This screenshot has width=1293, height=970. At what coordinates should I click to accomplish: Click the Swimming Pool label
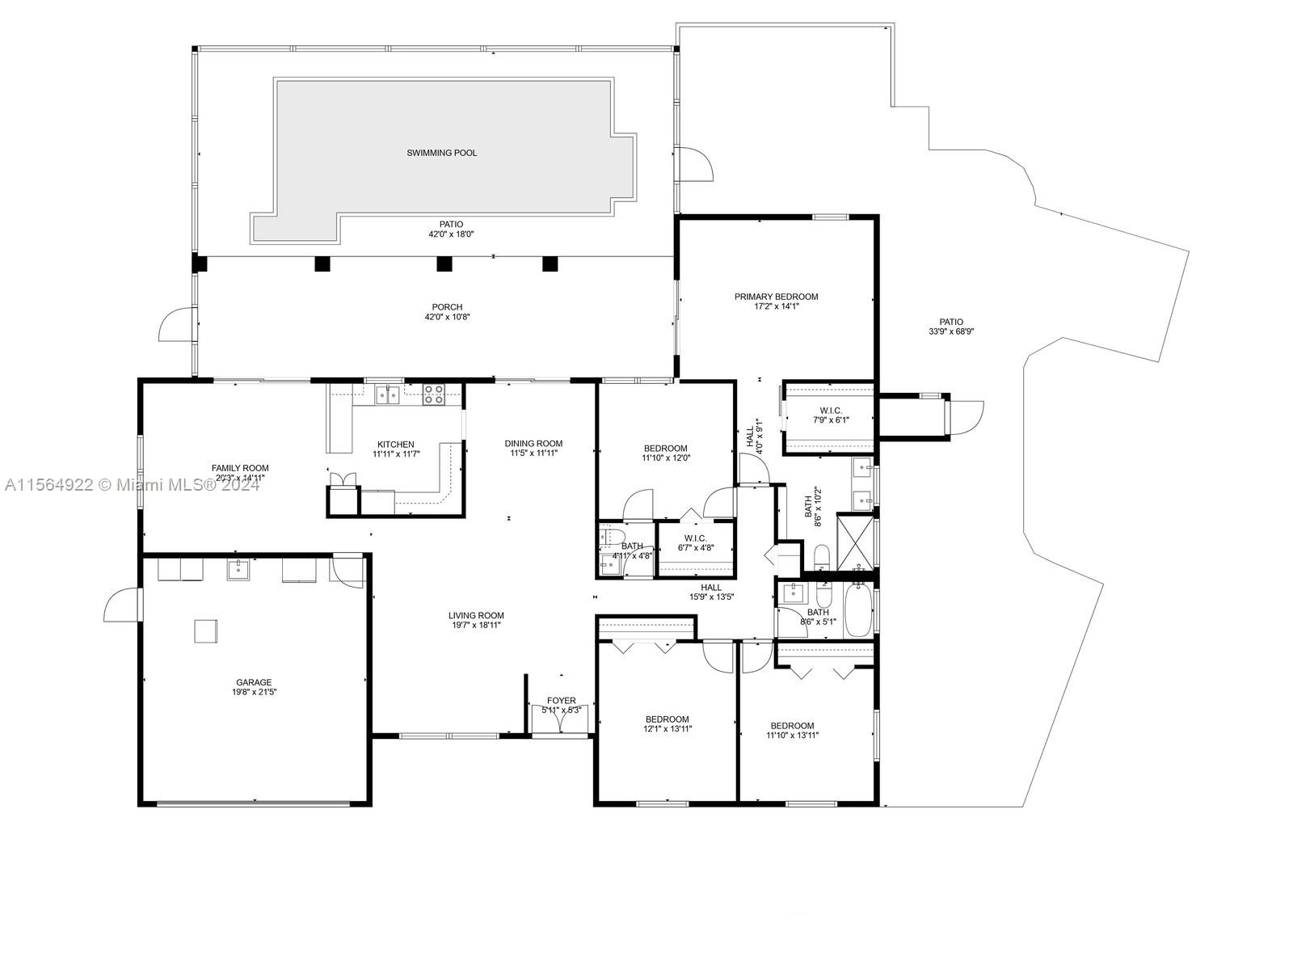(x=441, y=153)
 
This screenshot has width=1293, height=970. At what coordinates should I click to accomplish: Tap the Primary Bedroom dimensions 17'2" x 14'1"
(x=776, y=306)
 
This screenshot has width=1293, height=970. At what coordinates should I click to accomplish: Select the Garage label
(x=254, y=682)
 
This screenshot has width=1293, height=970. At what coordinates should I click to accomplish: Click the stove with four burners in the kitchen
(x=434, y=394)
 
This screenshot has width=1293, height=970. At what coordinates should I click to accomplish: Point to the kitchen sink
(x=387, y=395)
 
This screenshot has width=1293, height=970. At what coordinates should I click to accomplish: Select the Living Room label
(x=476, y=615)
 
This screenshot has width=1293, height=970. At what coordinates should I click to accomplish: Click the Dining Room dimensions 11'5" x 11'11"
(x=533, y=453)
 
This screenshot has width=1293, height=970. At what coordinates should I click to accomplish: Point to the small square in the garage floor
(x=205, y=630)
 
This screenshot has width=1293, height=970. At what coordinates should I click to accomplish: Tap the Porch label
(x=447, y=307)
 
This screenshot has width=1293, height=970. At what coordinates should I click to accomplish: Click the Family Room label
(x=240, y=468)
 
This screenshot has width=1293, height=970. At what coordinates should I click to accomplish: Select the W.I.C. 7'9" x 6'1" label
(x=831, y=411)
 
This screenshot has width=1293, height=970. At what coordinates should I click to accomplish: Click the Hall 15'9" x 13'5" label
(x=711, y=588)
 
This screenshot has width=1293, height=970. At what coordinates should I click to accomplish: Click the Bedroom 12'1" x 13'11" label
(x=667, y=719)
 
